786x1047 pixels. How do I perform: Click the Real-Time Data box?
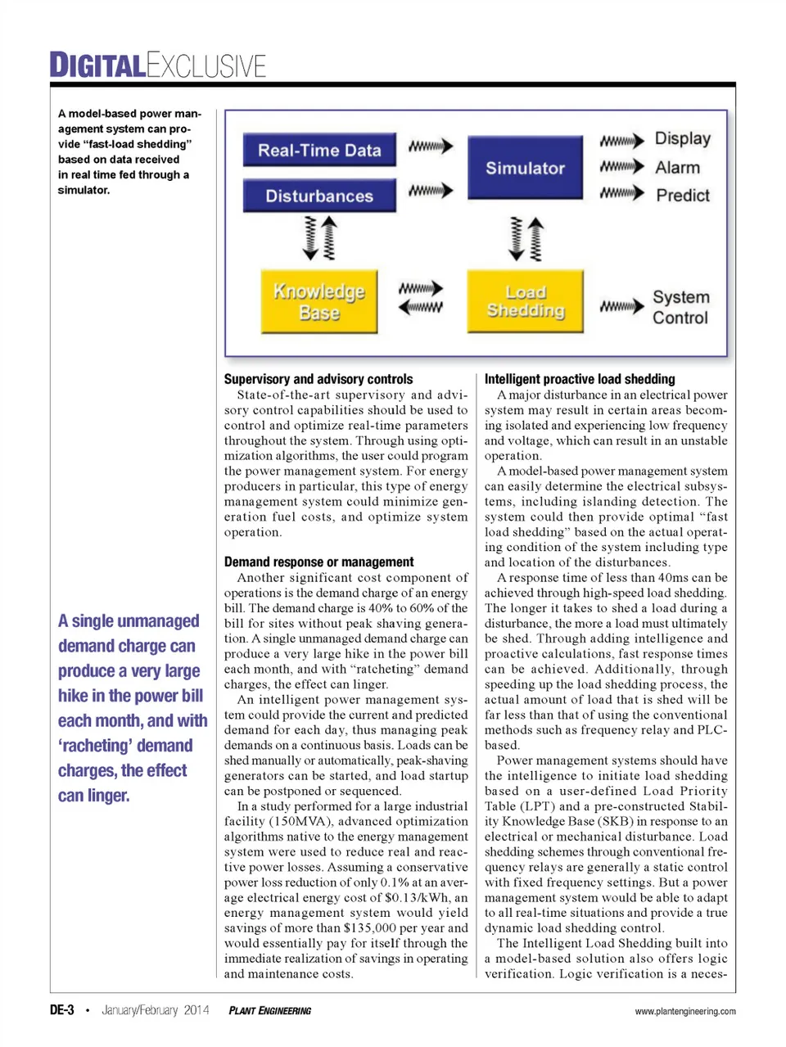(319, 151)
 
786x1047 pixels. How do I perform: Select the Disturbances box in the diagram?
(319, 196)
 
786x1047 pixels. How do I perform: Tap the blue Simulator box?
(525, 169)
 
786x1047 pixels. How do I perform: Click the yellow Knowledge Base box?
(319, 302)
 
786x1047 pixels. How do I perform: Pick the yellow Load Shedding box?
(525, 302)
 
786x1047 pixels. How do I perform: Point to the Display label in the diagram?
(682, 139)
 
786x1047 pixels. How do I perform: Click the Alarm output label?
(677, 168)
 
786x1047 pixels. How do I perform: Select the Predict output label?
(682, 196)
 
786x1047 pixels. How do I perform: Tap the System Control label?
(680, 308)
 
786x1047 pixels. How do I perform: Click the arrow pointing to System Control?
(621, 307)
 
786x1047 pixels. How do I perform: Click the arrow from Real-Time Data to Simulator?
(431, 147)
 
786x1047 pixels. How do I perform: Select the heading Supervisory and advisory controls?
(318, 379)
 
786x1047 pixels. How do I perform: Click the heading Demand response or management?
(318, 562)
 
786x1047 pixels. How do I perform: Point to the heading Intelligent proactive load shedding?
(580, 379)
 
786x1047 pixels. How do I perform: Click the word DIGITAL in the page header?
(97, 65)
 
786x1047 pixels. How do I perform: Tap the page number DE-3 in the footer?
(62, 1010)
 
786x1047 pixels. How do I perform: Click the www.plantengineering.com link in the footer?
(684, 1012)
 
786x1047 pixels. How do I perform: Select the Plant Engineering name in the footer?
(269, 1011)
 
